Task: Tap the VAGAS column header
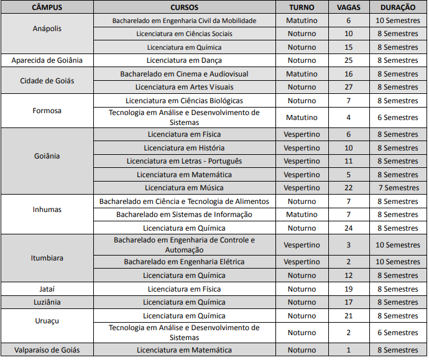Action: (x=348, y=7)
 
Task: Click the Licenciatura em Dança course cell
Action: (x=184, y=60)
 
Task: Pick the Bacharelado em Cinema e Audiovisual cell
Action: (x=184, y=74)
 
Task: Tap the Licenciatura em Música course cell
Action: (x=184, y=188)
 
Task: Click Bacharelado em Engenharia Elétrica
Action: (x=184, y=262)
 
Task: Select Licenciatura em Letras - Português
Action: (x=184, y=161)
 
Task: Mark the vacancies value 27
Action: (x=348, y=87)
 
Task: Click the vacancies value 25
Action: (x=348, y=60)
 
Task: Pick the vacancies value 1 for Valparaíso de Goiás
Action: (x=348, y=350)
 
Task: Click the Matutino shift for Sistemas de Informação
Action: (x=302, y=215)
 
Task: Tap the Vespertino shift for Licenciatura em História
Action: (x=302, y=148)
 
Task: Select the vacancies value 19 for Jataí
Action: (x=348, y=289)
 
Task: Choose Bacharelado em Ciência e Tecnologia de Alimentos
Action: (x=184, y=201)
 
